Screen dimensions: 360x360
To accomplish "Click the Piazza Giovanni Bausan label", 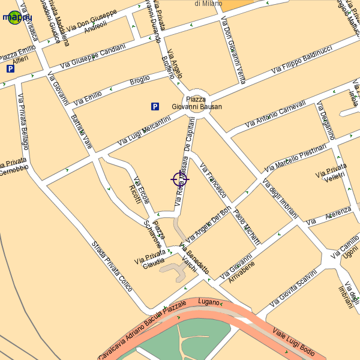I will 196,103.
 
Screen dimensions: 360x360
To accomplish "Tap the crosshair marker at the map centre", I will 180,179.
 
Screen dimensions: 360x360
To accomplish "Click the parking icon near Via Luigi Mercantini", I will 155,107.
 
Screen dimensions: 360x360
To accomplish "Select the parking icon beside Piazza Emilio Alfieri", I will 10,69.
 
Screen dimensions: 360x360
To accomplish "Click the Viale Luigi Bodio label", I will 294,341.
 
